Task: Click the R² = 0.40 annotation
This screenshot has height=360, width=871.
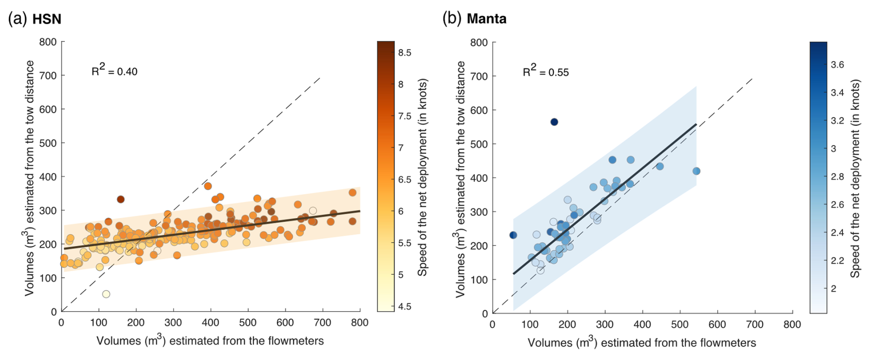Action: pyautogui.click(x=114, y=70)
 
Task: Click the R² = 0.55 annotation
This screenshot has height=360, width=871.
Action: pyautogui.click(x=546, y=71)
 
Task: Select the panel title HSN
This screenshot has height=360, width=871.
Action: pyautogui.click(x=46, y=19)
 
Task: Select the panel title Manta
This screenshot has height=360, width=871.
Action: pyautogui.click(x=487, y=19)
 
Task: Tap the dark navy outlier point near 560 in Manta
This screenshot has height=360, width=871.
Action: pyautogui.click(x=554, y=122)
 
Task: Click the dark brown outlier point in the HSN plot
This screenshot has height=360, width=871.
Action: pyautogui.click(x=121, y=199)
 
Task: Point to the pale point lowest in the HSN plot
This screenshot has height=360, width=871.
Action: pyautogui.click(x=106, y=294)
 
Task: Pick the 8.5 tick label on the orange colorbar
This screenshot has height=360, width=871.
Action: pyautogui.click(x=405, y=53)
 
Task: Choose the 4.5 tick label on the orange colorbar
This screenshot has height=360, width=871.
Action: pyautogui.click(x=405, y=307)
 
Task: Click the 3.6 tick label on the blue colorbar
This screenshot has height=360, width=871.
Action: pyautogui.click(x=837, y=65)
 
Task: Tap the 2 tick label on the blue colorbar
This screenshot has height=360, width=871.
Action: pyautogui.click(x=833, y=289)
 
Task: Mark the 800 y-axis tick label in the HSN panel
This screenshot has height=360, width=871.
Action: pyautogui.click(x=48, y=42)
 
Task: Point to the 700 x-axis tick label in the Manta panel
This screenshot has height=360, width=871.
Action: pyautogui.click(x=755, y=325)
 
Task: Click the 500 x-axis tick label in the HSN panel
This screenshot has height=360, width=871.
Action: pyautogui.click(x=248, y=323)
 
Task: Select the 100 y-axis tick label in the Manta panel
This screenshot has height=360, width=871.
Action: pyautogui.click(x=479, y=279)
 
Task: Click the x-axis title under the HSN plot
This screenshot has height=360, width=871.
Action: pyautogui.click(x=210, y=341)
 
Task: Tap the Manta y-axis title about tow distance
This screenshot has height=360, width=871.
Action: pyautogui.click(x=460, y=180)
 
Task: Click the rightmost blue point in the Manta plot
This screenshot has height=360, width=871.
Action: pyautogui.click(x=696, y=171)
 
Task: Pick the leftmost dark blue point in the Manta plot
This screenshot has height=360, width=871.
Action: pyautogui.click(x=513, y=235)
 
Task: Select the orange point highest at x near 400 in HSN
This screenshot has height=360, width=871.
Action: pyautogui.click(x=208, y=186)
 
